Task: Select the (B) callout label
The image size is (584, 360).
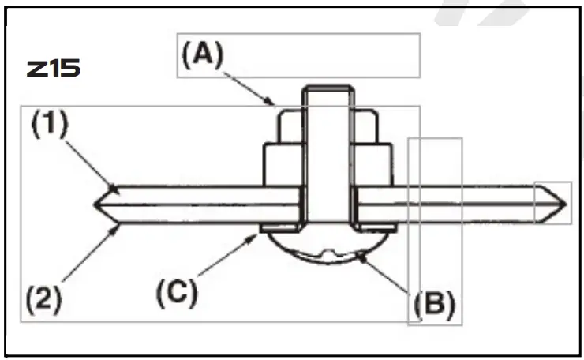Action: [432, 304]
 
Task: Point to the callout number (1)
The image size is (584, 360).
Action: [50, 125]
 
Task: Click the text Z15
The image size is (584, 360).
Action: [53, 69]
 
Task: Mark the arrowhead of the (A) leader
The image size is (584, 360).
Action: [272, 103]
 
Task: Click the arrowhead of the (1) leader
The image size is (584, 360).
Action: [114, 189]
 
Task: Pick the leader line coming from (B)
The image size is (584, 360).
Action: [387, 272]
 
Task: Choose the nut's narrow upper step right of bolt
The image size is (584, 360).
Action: [362, 126]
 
